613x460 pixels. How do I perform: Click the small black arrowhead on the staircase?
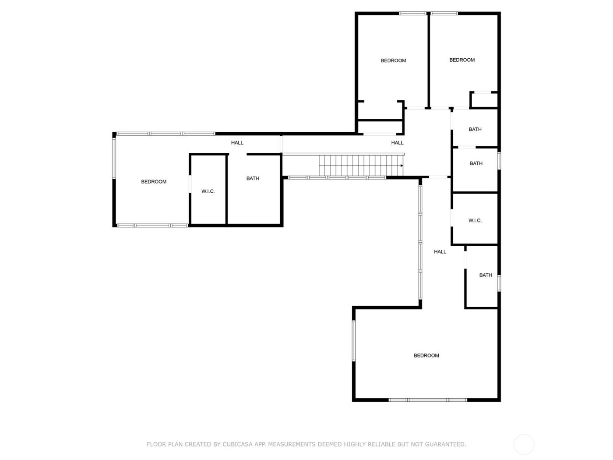(x=402, y=166)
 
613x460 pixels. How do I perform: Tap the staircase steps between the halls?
(x=360, y=165)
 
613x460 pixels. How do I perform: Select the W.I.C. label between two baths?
(x=475, y=220)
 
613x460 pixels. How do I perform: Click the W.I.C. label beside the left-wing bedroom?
(x=208, y=191)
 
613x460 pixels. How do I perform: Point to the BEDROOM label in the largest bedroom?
(x=426, y=355)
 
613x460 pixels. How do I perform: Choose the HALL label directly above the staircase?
(x=397, y=143)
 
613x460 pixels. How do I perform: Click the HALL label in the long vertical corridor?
(x=440, y=251)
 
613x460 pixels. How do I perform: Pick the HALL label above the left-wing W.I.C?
(x=237, y=143)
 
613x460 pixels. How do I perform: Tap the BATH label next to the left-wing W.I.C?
(x=253, y=178)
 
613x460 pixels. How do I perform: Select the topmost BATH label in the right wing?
(x=475, y=129)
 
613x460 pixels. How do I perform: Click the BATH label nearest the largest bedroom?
(x=486, y=275)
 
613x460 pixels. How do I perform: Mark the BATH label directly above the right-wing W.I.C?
(x=476, y=163)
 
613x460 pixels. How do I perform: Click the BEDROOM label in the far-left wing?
(x=154, y=182)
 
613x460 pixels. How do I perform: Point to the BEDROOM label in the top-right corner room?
(x=462, y=60)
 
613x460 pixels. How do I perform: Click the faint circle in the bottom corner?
(x=524, y=445)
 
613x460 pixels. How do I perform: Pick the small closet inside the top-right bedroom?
(x=484, y=100)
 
